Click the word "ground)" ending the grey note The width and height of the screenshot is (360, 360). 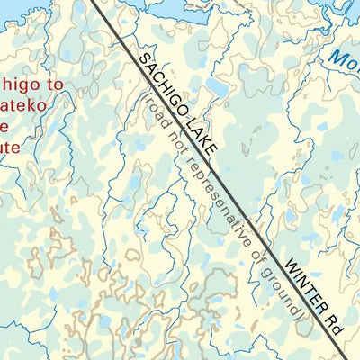(285, 292)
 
